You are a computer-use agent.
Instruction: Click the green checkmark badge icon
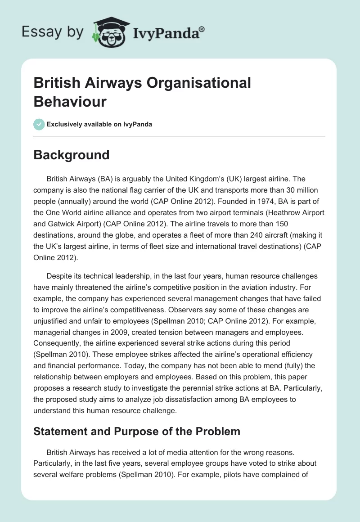click(x=39, y=124)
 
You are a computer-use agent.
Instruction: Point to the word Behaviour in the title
click(x=70, y=102)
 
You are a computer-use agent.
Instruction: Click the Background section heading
click(x=72, y=155)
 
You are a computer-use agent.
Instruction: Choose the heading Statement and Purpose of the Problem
click(x=137, y=432)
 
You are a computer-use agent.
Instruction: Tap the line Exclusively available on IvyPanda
click(x=99, y=124)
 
